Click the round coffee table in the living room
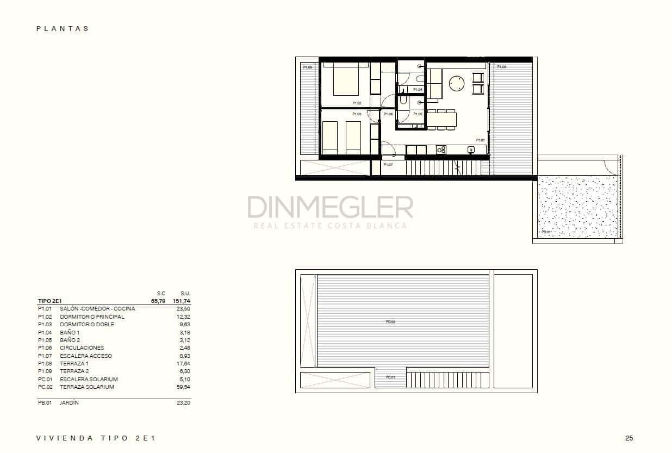click(x=457, y=83)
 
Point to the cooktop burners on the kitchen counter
click(x=441, y=150)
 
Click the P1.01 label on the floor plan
click(x=480, y=140)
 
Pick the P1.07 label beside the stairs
click(x=388, y=164)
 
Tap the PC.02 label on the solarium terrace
click(x=390, y=321)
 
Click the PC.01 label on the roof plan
click(x=390, y=377)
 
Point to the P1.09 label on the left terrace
click(x=307, y=67)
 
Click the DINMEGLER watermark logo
click(x=330, y=207)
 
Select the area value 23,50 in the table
click(x=183, y=308)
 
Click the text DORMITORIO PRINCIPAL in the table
click(x=92, y=317)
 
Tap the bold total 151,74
click(x=182, y=301)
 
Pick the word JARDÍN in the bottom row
click(x=69, y=403)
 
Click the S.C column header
click(x=161, y=293)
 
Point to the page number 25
click(x=629, y=438)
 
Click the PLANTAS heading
click(x=63, y=29)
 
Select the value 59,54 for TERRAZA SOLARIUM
click(x=183, y=387)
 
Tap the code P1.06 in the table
click(x=45, y=348)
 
